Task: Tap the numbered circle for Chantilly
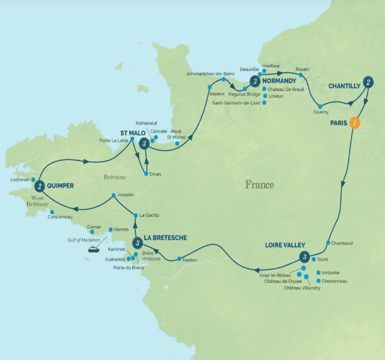pyautogui.click(x=368, y=85)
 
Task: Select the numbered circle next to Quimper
pyautogui.click(x=40, y=186)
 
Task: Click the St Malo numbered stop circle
pyautogui.click(x=144, y=143)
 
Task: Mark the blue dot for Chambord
pyautogui.click(x=328, y=243)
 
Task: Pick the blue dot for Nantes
pyautogui.click(x=179, y=259)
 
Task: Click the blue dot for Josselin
pyautogui.click(x=113, y=195)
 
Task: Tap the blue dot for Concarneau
pyautogui.click(x=52, y=211)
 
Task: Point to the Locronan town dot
pyautogui.click(x=33, y=179)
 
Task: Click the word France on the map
pyautogui.click(x=259, y=185)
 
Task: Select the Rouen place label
pyautogui.click(x=302, y=69)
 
